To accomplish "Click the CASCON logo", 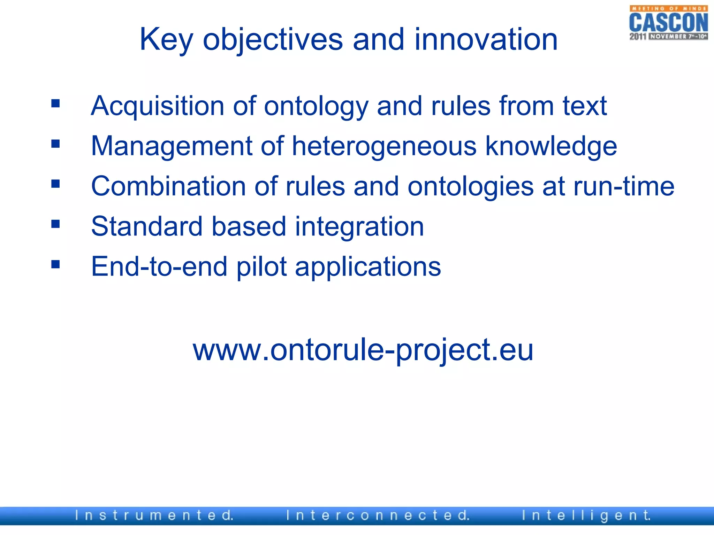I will pos(668,23).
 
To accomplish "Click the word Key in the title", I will pos(166,40).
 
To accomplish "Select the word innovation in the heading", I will pos(486,40).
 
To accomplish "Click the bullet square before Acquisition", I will pos(55,103).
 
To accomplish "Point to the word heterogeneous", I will pos(384,146).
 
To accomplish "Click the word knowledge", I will pos(551,147).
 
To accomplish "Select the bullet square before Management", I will pos(55,144).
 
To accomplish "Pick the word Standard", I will pos(147,226).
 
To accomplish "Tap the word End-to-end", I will pos(159,266).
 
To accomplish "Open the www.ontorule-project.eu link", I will pos(363,350).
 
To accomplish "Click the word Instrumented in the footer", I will pos(154,515).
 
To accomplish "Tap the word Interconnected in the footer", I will pos(378,515).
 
